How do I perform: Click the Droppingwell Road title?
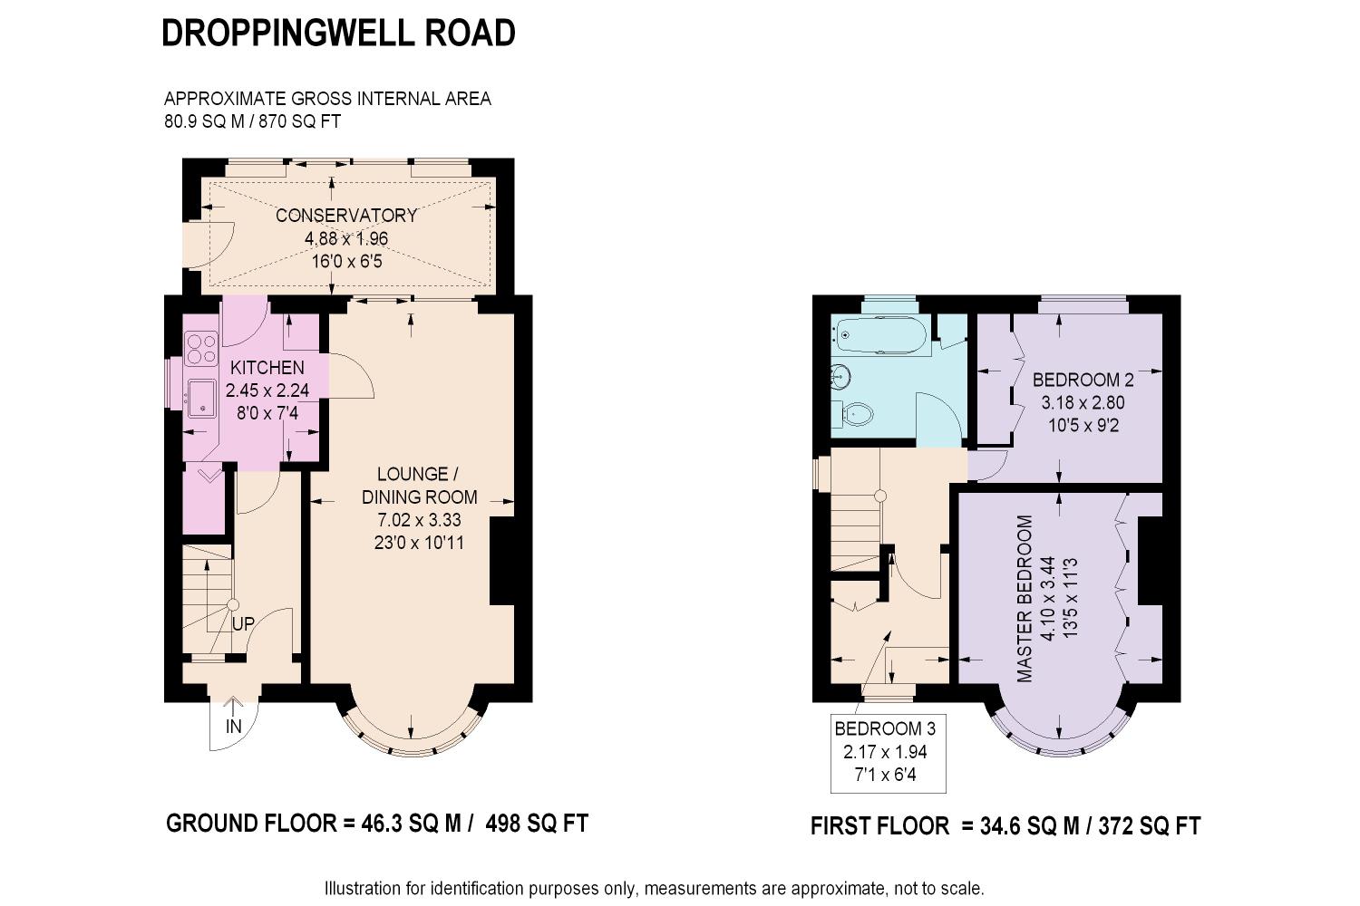click(338, 33)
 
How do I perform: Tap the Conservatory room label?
click(346, 216)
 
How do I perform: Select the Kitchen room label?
click(267, 368)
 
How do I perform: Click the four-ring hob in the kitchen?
click(201, 348)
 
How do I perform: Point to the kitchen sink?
click(202, 398)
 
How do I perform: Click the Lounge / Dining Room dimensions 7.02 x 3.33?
click(419, 520)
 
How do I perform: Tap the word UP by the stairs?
click(244, 624)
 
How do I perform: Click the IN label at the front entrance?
click(234, 727)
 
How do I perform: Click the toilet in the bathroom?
click(858, 415)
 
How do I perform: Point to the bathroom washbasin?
click(840, 376)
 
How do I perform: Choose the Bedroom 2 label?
click(1083, 380)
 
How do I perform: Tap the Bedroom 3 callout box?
click(889, 753)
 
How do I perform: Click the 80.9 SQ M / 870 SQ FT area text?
click(253, 121)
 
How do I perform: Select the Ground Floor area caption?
click(377, 824)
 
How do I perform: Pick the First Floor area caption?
click(1005, 826)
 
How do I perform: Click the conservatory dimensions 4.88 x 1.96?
click(346, 238)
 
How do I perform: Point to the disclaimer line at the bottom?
click(655, 889)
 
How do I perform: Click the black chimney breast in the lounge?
click(502, 561)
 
